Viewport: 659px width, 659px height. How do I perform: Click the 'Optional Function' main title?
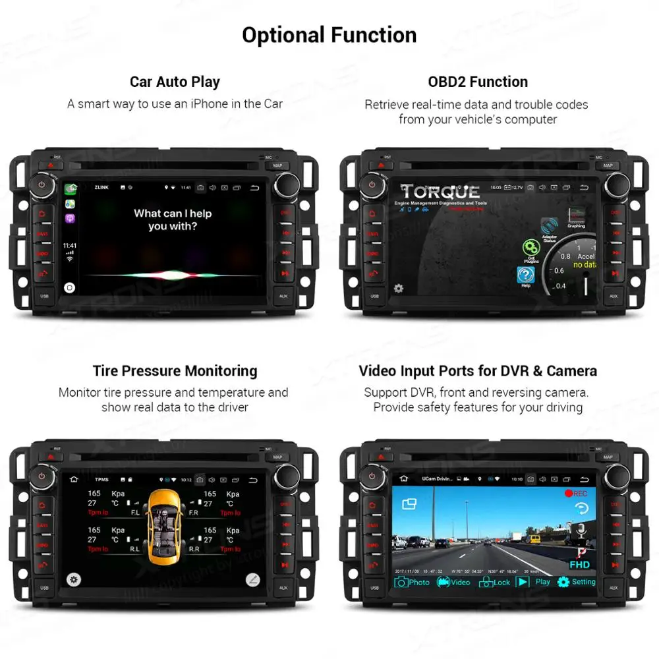(329, 35)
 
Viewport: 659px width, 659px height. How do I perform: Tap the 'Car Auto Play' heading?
(175, 82)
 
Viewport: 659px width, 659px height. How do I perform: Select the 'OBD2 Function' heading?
(478, 82)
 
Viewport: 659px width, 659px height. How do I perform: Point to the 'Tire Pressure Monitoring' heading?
(175, 371)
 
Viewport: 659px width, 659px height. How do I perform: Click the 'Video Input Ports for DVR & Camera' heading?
(478, 371)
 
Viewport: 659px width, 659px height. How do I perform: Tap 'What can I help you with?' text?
(173, 219)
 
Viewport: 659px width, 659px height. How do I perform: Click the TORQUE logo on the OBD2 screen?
(440, 192)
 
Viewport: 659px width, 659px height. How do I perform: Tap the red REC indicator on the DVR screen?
(575, 493)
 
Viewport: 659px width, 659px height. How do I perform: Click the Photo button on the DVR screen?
(412, 582)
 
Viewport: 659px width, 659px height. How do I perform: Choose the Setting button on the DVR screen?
(577, 582)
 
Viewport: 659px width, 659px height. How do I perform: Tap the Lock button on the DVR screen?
(495, 582)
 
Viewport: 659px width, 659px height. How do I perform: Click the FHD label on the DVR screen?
(579, 565)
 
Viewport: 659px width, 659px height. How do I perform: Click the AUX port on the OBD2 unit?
(614, 296)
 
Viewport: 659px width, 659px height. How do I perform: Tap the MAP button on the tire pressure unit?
(277, 457)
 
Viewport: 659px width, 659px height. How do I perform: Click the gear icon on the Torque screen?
(399, 288)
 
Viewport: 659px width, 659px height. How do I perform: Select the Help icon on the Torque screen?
(525, 275)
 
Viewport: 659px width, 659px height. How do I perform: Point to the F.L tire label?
(134, 512)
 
